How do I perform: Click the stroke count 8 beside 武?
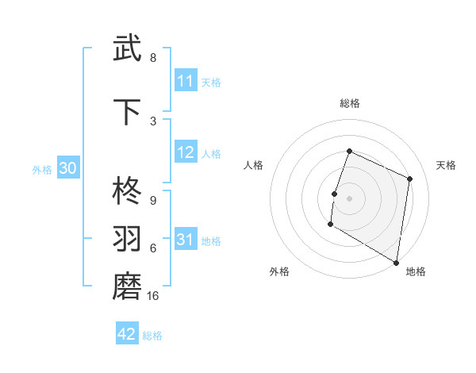153,58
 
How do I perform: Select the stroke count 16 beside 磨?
153,296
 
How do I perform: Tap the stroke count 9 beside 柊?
153,200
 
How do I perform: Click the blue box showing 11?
186,81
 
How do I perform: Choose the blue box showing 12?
186,153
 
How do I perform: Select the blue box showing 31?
186,240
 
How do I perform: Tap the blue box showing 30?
67,168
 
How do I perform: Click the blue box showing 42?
127,334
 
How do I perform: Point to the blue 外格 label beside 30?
42,169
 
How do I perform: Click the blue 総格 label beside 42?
152,336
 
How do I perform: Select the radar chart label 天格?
447,165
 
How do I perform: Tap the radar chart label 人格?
254,165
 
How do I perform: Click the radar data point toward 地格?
396,262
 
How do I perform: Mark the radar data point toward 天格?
410,179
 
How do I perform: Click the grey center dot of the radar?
349,198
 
